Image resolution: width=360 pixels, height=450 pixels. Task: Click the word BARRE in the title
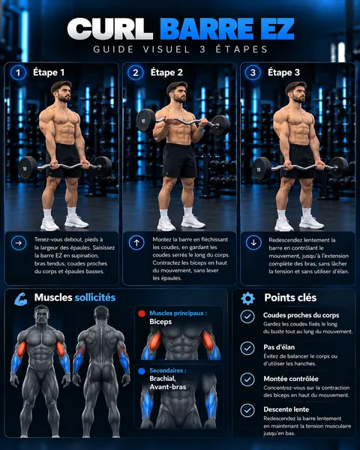pos(206,29)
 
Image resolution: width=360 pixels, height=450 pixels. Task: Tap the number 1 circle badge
pos(18,73)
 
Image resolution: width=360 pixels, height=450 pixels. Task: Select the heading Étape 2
pos(166,73)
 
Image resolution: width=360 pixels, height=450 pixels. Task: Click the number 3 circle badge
pos(253,73)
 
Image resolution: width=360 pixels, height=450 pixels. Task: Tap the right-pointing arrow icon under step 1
pos(19,243)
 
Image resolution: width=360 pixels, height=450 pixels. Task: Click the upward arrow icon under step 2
pos(136,243)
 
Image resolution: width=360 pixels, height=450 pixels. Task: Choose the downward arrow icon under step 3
pos(253,242)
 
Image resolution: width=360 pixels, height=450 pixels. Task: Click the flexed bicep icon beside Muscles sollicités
pos(21,298)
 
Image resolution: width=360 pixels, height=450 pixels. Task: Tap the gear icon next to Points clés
pos(248,298)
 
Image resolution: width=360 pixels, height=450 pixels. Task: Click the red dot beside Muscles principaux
pos(142,313)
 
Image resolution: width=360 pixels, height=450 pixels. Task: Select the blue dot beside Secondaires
pos(142,371)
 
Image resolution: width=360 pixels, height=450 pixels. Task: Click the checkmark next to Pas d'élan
pos(247,348)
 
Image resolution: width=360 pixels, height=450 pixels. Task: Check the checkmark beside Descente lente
pos(247,410)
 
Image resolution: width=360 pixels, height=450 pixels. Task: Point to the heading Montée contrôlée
pos(291,379)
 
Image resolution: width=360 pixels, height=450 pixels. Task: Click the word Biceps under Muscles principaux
pos(160,322)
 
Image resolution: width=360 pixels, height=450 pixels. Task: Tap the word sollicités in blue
pos(95,297)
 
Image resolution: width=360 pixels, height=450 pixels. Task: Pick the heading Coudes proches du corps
pos(301,316)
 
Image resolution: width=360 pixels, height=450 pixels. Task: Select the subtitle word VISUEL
pos(166,49)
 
